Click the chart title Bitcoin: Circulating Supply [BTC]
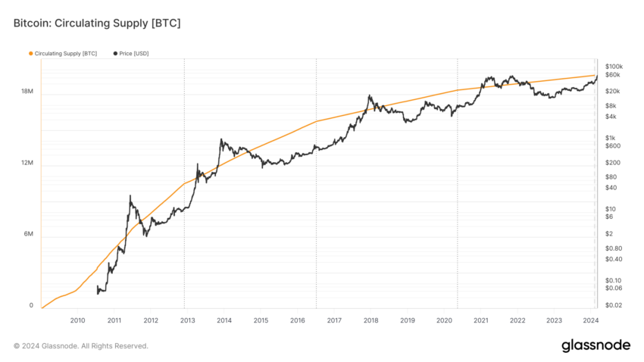(x=97, y=23)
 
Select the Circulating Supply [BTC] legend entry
(x=63, y=53)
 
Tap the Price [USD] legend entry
(x=131, y=53)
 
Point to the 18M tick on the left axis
(x=27, y=91)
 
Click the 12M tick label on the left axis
(x=27, y=163)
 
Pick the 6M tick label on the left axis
(x=28, y=234)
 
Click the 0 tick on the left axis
(x=31, y=305)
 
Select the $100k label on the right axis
(x=614, y=67)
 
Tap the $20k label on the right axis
(x=613, y=91)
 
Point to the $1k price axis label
(x=611, y=138)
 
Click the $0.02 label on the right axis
(x=614, y=305)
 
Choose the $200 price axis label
(x=613, y=163)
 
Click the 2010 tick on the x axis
(x=77, y=320)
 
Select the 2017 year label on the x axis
(x=334, y=320)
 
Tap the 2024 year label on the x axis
(x=591, y=320)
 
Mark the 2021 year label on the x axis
(x=481, y=320)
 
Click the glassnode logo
(x=596, y=345)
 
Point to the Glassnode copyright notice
(x=81, y=346)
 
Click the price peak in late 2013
(x=221, y=139)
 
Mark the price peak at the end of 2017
(x=370, y=95)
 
